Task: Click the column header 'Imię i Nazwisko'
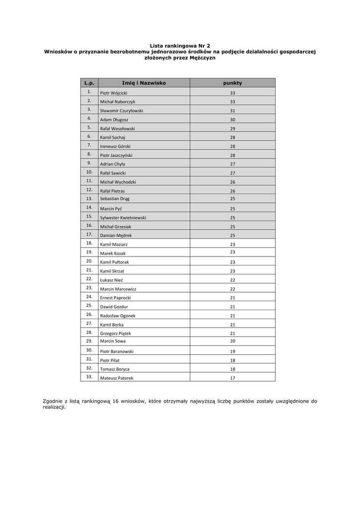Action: [144, 83]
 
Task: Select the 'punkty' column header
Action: [232, 83]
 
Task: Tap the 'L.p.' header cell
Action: [89, 83]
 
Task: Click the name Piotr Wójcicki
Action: [113, 93]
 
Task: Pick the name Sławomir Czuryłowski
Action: [121, 111]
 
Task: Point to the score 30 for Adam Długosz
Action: [232, 120]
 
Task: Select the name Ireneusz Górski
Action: [115, 147]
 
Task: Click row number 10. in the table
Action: [89, 172]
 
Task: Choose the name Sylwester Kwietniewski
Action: [123, 218]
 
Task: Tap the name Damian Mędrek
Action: [116, 235]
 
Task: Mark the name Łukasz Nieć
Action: [111, 280]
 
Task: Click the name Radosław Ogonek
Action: [117, 316]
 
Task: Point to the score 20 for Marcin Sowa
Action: [232, 341]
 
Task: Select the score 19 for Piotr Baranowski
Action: [232, 351]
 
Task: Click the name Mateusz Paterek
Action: [116, 378]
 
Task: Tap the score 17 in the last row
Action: [232, 378]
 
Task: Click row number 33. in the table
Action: [89, 377]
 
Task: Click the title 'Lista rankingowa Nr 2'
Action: [180, 45]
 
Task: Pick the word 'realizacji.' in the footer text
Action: [54, 407]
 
